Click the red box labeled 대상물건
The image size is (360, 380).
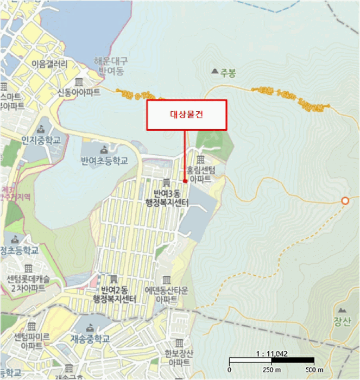coord(186,115)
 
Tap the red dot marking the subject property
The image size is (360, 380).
coord(185,181)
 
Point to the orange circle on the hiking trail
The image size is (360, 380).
coord(345,201)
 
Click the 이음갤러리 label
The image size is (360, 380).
coord(50,64)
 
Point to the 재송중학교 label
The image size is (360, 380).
coord(90,339)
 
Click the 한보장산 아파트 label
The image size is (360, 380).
coord(176,357)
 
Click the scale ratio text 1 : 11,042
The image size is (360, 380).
coord(271,354)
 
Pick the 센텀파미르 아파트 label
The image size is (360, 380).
coord(31,341)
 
